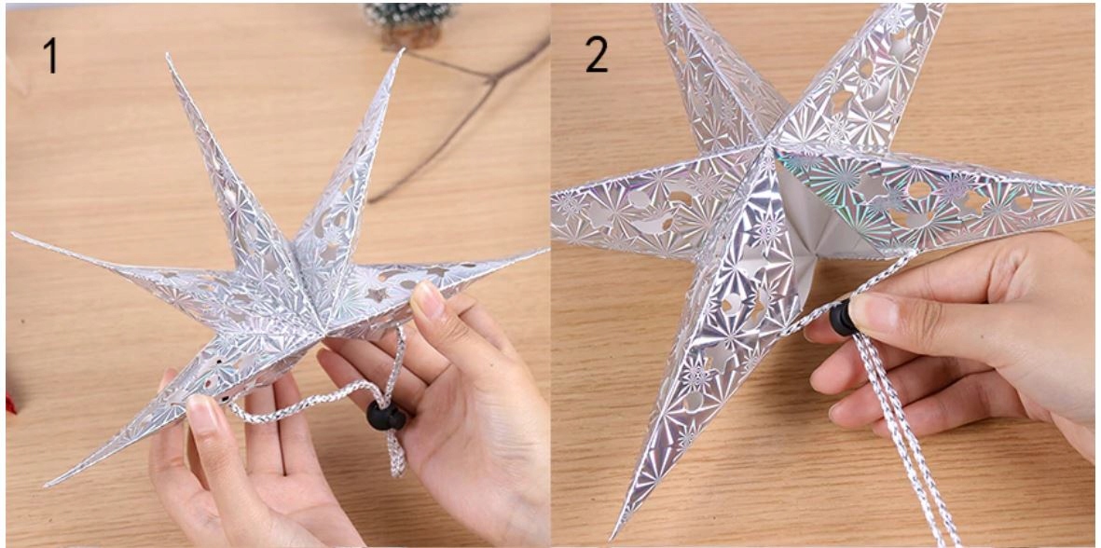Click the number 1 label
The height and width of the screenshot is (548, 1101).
coord(49,55)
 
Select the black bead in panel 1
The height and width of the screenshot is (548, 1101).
coord(386,417)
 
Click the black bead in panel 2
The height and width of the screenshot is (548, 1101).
coord(843,318)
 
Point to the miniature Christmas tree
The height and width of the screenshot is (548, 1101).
coord(408,22)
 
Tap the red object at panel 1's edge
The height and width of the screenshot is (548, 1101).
coord(10,404)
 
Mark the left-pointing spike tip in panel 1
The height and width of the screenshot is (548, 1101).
coord(14,235)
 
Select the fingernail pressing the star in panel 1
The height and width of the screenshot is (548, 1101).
coord(428,299)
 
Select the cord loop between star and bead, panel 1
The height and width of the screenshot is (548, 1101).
coord(330,393)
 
